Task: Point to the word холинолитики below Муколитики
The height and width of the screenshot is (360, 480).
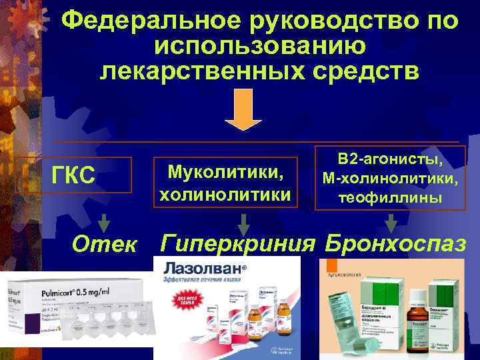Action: (225, 195)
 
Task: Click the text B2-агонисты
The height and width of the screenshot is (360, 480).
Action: (391, 160)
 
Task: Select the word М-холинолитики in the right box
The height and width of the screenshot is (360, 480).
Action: (391, 179)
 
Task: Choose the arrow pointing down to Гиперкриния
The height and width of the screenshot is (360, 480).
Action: (245, 223)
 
